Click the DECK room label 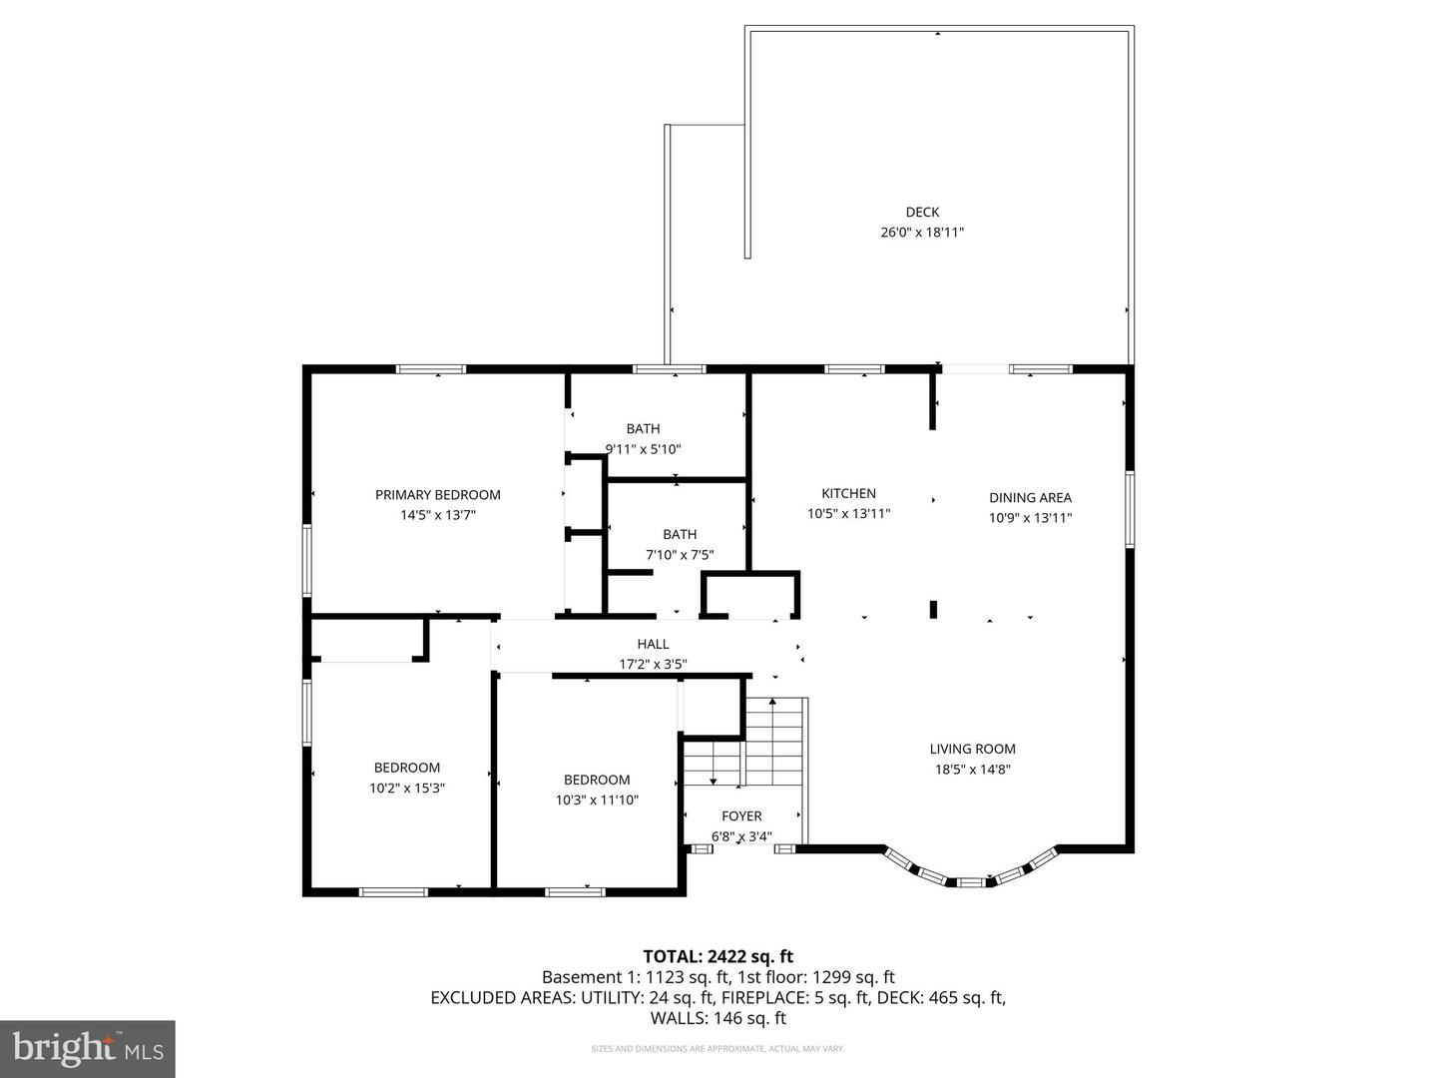pos(922,212)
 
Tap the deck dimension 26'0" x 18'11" pos(922,233)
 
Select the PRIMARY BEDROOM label pos(438,495)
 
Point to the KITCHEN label pos(848,493)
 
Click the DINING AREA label pos(1030,497)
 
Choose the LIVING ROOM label pos(972,749)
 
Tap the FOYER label pos(741,815)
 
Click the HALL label pos(653,644)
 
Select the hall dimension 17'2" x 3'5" pos(653,664)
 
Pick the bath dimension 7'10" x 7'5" pos(680,555)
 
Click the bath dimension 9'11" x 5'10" pos(644,449)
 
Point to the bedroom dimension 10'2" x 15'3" pos(406,788)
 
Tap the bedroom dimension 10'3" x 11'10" pos(597,800)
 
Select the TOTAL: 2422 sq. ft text pos(718,956)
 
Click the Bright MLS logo pos(88,1048)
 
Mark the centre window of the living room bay pos(970,882)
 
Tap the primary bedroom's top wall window pos(431,369)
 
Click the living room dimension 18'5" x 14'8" pos(972,770)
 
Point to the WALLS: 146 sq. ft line pos(718,1018)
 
